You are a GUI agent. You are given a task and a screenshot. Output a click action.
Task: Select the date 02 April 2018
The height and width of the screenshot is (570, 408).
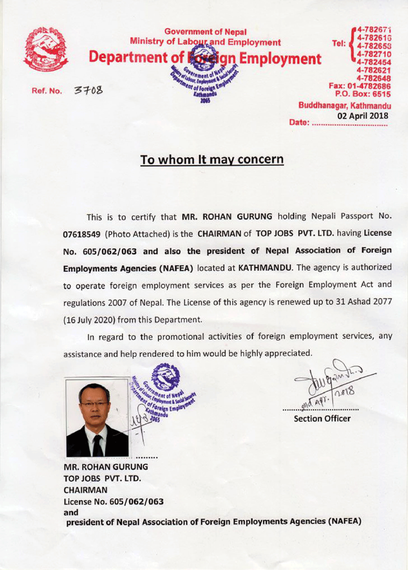tap(363, 115)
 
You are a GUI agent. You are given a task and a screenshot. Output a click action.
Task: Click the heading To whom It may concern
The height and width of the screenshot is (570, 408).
tap(212, 159)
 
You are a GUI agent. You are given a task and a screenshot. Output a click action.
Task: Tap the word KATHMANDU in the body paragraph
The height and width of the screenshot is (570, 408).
tap(265, 268)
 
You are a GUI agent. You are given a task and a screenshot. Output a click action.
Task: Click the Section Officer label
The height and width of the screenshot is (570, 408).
tap(322, 419)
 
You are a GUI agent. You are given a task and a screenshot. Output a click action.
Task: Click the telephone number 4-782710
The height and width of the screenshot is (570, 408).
tap(374, 54)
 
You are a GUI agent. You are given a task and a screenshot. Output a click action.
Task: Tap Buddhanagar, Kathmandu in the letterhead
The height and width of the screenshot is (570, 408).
tap(345, 106)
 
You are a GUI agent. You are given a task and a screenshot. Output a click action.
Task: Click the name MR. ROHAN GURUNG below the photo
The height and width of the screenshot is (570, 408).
tap(106, 467)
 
